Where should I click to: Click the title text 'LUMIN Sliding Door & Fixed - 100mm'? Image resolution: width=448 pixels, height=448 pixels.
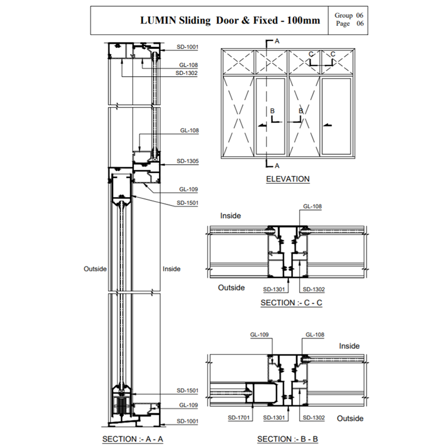click(230, 21)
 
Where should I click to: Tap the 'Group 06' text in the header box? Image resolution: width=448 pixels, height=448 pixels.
click(349, 16)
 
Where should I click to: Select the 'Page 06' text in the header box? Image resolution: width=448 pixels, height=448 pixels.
click(349, 24)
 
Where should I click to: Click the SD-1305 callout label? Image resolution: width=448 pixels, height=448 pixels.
click(188, 161)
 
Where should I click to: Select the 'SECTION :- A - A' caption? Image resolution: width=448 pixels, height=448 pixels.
click(132, 438)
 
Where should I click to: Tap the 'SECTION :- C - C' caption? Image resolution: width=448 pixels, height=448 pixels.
click(292, 303)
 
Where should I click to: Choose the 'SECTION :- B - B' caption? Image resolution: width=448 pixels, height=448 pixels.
click(287, 438)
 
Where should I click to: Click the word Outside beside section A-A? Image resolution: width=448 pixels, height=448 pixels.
click(95, 269)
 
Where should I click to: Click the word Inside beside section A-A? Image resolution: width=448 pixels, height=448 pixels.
click(171, 269)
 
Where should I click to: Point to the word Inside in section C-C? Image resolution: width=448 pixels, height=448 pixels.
click(231, 216)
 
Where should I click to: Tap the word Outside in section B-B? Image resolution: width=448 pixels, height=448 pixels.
click(350, 418)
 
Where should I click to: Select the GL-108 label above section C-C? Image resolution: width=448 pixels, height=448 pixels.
click(312, 207)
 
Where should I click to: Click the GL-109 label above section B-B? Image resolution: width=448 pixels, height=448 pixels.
click(260, 335)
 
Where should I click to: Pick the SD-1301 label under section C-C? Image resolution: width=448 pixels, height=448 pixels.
click(274, 290)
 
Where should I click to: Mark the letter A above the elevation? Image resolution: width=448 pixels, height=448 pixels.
click(277, 41)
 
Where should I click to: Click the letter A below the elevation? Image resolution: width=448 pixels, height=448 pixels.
click(277, 166)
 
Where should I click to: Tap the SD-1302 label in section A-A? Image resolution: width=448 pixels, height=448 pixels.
click(186, 73)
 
